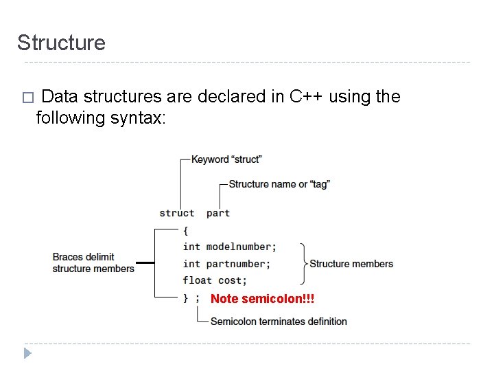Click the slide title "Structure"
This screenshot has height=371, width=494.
61,43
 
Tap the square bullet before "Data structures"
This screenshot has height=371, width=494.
27,98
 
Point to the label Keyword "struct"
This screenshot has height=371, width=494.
226,159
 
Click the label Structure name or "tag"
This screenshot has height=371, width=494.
279,184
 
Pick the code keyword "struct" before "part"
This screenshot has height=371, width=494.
176,213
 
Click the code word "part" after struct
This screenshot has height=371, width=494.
217,213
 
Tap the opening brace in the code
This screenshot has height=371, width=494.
186,230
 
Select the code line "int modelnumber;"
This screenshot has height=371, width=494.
229,247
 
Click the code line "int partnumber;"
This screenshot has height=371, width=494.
226,264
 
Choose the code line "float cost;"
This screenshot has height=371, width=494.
215,280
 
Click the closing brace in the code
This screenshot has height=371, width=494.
186,297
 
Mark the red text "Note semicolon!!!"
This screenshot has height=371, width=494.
262,299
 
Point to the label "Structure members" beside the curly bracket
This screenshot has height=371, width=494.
351,264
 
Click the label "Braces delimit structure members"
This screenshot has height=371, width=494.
93,263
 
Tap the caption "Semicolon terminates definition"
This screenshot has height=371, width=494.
279,322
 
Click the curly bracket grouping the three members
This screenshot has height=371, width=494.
303,264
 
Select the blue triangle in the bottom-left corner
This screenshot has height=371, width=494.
27,353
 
